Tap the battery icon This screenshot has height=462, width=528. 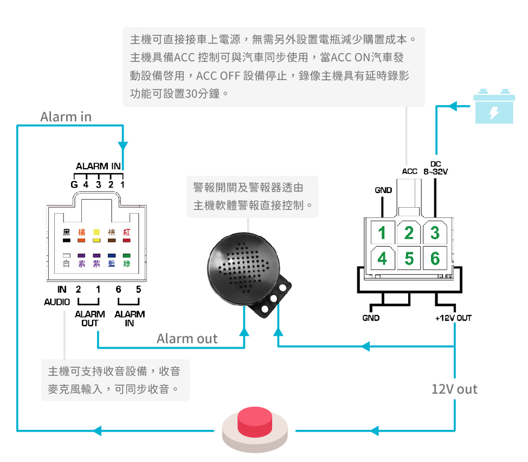pyautogui.click(x=494, y=106)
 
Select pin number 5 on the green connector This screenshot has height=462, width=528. pyautogui.click(x=409, y=258)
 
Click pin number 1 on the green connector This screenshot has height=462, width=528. pyautogui.click(x=382, y=233)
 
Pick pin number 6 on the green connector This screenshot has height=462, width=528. pyautogui.click(x=435, y=258)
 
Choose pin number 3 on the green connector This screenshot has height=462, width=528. pyautogui.click(x=435, y=233)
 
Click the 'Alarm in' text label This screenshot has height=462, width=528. pyautogui.click(x=66, y=117)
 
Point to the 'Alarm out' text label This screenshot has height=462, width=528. pyautogui.click(x=187, y=338)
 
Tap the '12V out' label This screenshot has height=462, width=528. pyautogui.click(x=454, y=389)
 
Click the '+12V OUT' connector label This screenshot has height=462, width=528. pyautogui.click(x=453, y=318)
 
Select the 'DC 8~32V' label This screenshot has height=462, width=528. pyautogui.click(x=436, y=168)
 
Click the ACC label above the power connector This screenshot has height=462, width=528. pyautogui.click(x=409, y=171)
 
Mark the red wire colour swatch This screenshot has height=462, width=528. pyautogui.click(x=127, y=240)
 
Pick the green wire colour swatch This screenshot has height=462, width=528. pyautogui.click(x=127, y=255)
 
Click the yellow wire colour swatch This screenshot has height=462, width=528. pyautogui.click(x=96, y=240)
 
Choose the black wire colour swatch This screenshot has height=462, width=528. pyautogui.click(x=66, y=240)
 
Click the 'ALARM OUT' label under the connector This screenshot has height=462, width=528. pyautogui.click(x=89, y=318)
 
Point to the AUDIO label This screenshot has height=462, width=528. pyautogui.click(x=57, y=302)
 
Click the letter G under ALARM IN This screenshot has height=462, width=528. pyautogui.click(x=74, y=184)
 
